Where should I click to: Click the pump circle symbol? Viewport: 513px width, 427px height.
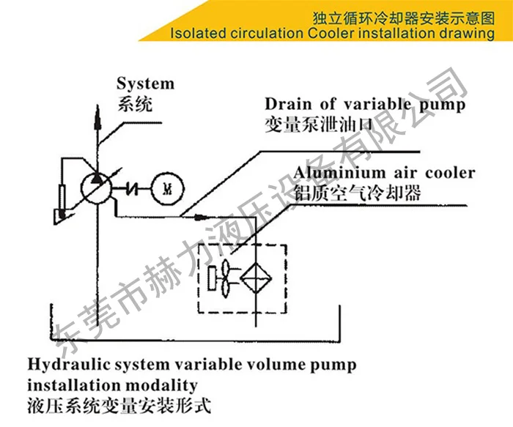click(x=96, y=187)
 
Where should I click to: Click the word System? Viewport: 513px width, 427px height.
click(x=146, y=83)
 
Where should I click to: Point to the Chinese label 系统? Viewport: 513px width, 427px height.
click(x=135, y=103)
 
